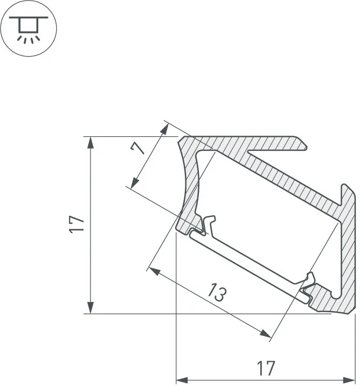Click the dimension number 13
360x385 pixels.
coord(217,292)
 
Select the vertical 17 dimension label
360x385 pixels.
coord(77,225)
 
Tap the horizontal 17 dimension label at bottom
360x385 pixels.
coord(266,368)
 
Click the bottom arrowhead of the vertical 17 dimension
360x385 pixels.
coord(91,307)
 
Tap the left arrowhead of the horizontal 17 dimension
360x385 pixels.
coord(182,380)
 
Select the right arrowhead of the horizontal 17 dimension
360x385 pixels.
coord(349,380)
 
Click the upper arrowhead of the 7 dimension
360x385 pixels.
coord(165,129)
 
